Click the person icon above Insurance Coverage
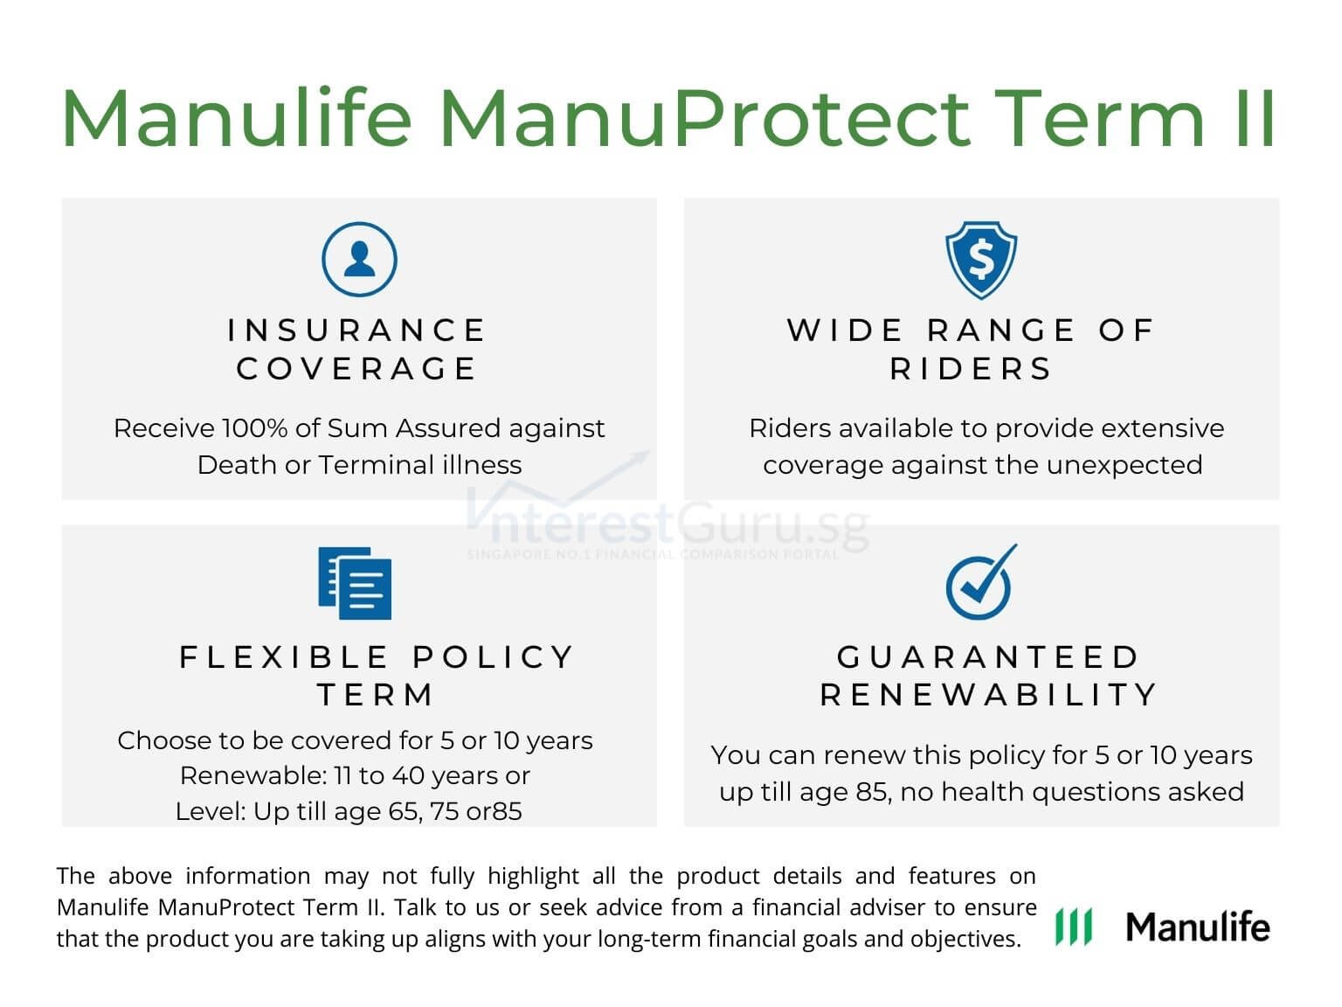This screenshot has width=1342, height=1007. point(359,260)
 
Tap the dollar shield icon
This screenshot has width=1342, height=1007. point(981,260)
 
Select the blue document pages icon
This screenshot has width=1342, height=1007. point(355,583)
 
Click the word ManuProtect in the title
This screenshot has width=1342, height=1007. point(704,118)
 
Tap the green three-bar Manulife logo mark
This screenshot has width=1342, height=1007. point(1073,927)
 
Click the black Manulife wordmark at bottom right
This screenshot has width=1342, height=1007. point(1197,927)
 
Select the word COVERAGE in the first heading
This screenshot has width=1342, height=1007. point(357,369)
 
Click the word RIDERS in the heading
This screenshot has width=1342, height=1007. point(972,369)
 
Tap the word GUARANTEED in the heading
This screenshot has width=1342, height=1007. point(988,656)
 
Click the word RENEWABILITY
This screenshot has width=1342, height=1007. point(988,695)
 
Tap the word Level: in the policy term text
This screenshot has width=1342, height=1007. point(211,811)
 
